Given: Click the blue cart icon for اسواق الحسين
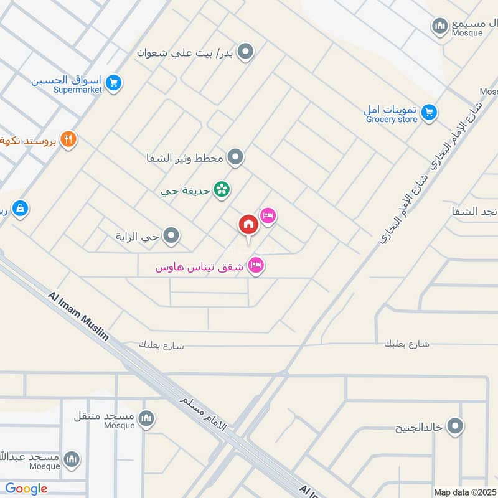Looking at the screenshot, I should pos(113,82).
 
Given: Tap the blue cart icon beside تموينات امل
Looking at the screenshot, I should pos(428,113).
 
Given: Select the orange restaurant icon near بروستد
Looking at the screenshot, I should pos(68,139).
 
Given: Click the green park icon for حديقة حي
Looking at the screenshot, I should pos(221,189).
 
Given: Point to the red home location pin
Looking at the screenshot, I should pos(248,225).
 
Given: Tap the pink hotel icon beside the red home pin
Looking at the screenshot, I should pos(268,216).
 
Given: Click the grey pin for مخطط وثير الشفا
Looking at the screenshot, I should pos(235,157).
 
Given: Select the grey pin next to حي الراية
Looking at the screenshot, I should pos(171,236).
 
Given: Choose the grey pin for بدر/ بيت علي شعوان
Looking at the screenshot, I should pos(247,52).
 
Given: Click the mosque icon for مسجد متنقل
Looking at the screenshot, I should pos(146,418).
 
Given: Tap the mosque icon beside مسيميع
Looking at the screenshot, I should pos(440,26).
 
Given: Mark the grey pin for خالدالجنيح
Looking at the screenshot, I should pos(456,427).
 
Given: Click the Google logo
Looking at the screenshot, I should pos(26,489).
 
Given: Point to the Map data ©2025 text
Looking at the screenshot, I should pos(465,492).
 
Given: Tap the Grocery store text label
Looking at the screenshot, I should pos(391,119).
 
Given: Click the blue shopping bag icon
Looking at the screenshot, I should pos(20,209).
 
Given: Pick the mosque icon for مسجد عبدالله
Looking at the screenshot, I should pos(72,459).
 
